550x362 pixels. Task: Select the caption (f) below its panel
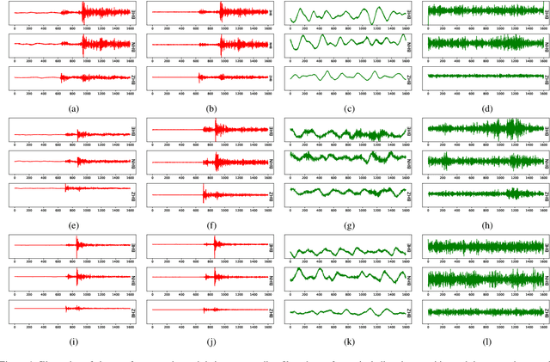click(210, 226)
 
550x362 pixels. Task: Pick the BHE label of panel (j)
click(269, 247)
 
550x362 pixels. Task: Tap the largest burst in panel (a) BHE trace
click(82, 14)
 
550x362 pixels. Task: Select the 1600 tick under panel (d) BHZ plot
click(541, 92)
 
